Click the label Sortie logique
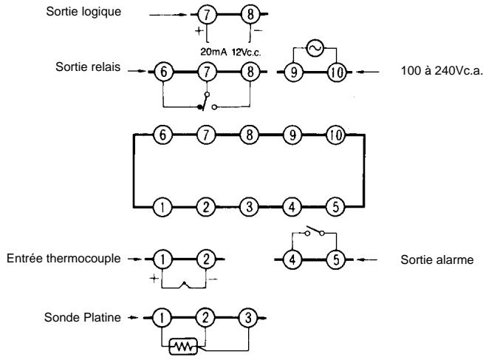pos(83,12)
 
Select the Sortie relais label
pos(88,67)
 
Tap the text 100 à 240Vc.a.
pos(441,71)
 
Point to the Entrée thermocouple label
pos(64,258)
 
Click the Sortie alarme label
pos(436,259)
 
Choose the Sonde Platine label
pos(83,317)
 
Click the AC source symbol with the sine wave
pos(315,48)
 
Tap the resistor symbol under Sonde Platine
pos(183,347)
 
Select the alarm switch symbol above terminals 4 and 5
pos(315,231)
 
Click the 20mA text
pos(213,52)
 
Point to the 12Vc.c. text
pos(247,52)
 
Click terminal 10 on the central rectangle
pos(336,135)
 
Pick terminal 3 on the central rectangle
pos(249,207)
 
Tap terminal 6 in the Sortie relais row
pos(163,72)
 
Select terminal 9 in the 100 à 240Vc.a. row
pos(293,72)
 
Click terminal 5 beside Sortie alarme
pos(336,259)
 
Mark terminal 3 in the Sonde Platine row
pos(248,318)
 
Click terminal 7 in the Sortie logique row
pos(207,14)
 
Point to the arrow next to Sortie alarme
pos(367,259)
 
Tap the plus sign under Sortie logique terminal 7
pos(199,30)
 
